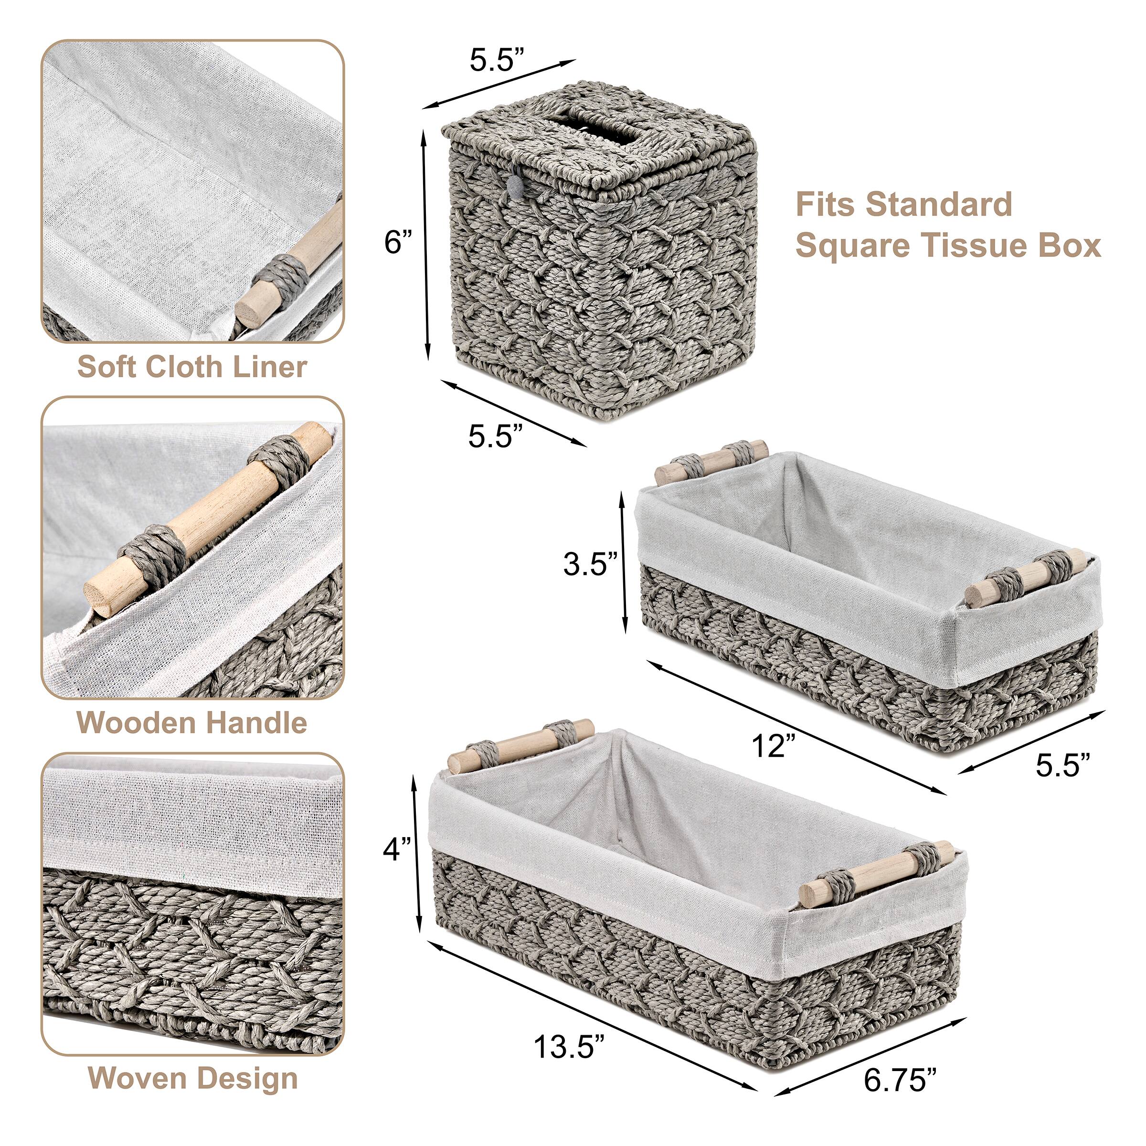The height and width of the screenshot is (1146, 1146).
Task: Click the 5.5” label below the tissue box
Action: [x=496, y=436]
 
